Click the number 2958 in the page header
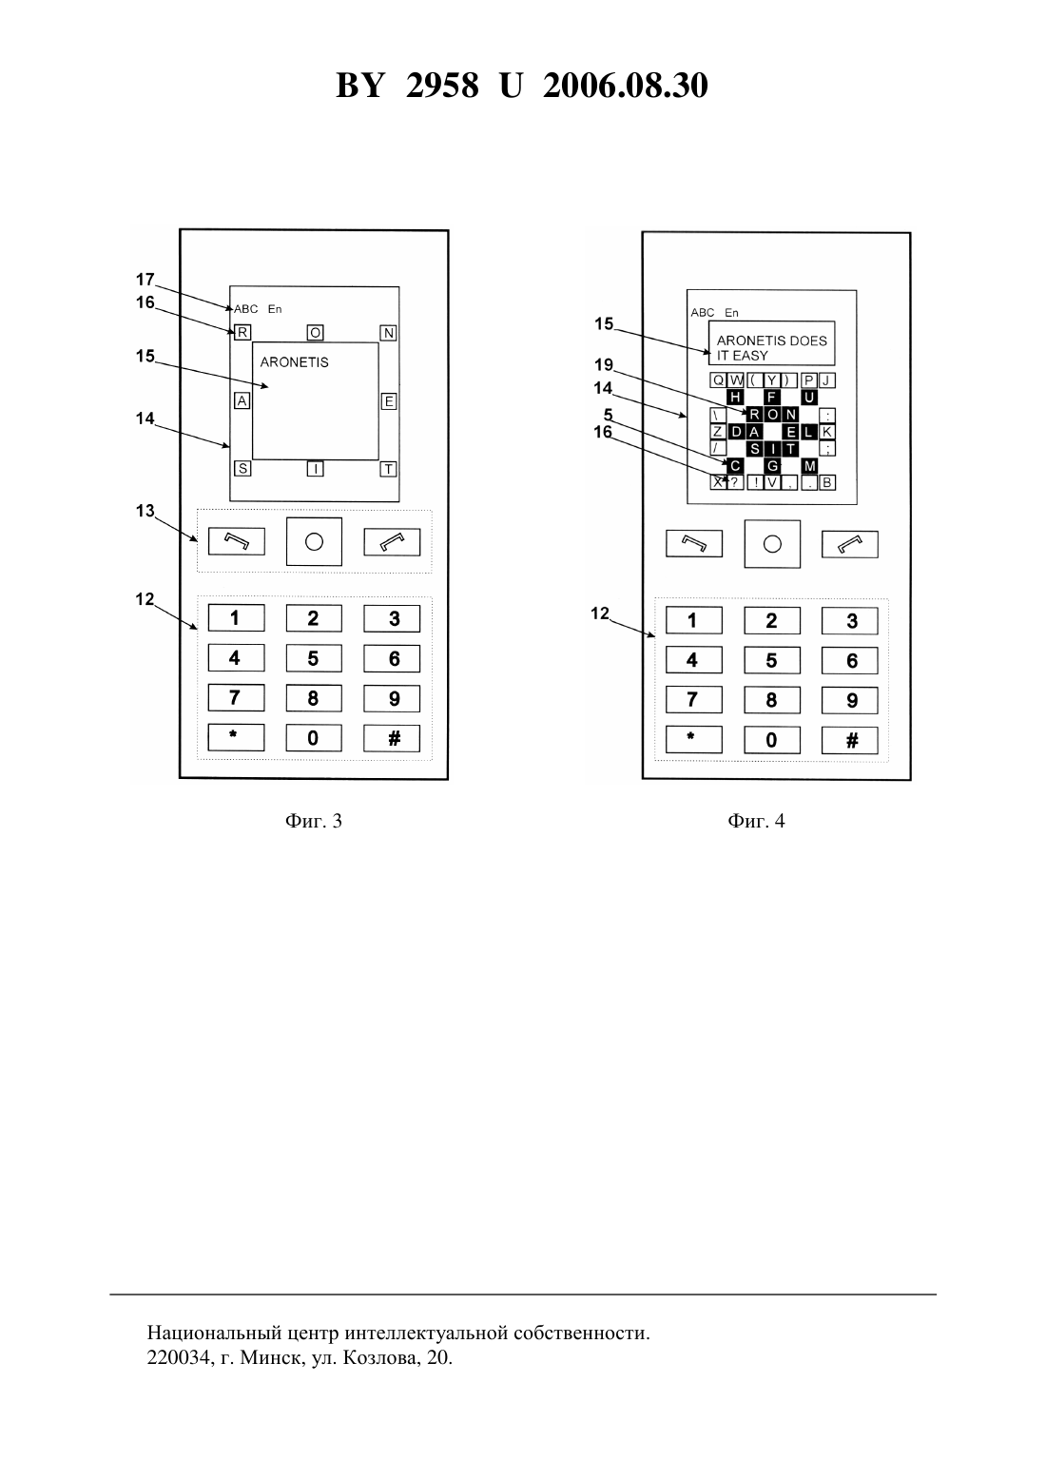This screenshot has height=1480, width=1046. (442, 86)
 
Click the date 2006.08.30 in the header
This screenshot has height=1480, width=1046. (626, 86)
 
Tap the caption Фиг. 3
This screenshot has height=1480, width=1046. (313, 821)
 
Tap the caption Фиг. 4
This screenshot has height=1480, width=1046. (756, 821)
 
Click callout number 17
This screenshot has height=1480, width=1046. (145, 280)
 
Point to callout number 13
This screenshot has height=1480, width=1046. (145, 511)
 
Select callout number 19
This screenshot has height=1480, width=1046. (604, 364)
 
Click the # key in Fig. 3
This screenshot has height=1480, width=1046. (392, 739)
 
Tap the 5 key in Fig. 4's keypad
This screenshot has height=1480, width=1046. (772, 661)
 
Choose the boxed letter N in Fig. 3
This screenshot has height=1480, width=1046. (389, 333)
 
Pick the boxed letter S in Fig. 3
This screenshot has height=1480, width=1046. (242, 469)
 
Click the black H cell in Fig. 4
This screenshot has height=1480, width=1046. (734, 397)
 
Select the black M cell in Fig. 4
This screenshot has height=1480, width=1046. (809, 466)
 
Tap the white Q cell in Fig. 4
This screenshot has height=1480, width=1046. (718, 380)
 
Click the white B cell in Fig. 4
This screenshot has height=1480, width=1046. (826, 483)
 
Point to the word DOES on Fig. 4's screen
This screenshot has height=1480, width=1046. (808, 341)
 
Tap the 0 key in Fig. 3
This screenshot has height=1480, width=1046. (314, 739)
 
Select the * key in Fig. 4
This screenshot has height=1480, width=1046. (694, 740)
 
